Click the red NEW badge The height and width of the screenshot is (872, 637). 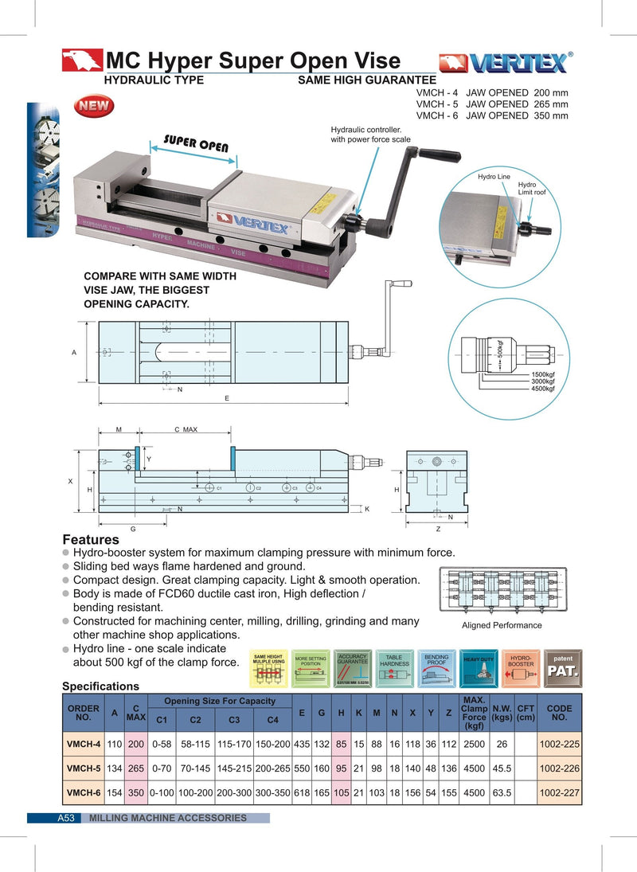[95, 106]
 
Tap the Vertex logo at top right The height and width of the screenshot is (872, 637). [505, 63]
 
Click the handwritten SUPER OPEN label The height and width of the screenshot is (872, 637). [196, 144]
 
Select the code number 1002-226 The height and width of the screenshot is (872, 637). [559, 770]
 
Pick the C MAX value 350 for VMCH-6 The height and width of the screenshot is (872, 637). [136, 793]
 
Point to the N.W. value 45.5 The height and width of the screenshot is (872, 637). [502, 770]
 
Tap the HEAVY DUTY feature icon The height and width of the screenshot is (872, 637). [479, 667]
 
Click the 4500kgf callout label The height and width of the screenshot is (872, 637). [544, 389]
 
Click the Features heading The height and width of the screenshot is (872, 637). [91, 540]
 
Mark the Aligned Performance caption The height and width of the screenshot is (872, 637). [502, 625]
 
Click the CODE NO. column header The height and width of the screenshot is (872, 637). [559, 712]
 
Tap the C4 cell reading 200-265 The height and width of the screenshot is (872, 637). [273, 770]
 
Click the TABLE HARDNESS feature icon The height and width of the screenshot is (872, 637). [394, 667]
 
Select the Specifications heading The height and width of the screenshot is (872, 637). [100, 686]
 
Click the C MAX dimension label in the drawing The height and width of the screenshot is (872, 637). [186, 429]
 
